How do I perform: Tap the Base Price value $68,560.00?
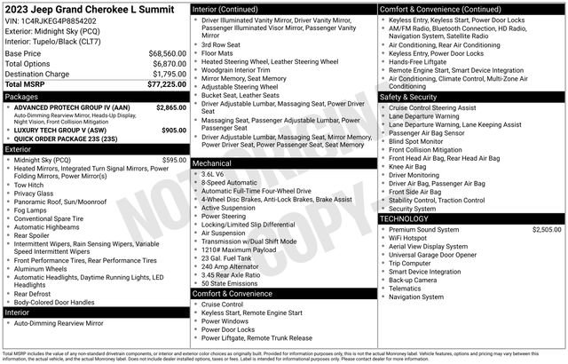tap(167, 53)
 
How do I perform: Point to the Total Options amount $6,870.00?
tap(169, 65)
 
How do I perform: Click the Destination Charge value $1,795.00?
tap(169, 75)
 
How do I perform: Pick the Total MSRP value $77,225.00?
tap(165, 85)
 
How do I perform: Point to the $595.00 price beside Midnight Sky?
tap(173, 160)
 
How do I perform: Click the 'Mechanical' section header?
tap(213, 164)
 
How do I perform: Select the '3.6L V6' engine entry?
tap(216, 174)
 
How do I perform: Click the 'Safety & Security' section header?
tap(414, 97)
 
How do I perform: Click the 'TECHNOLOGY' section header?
tap(407, 218)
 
